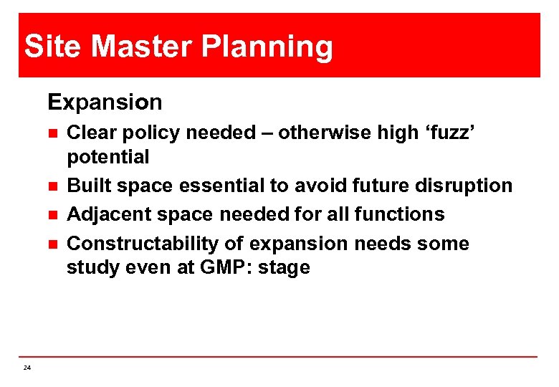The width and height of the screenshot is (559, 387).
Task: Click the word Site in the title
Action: coord(54,47)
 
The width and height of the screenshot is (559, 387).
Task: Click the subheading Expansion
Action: coord(105,102)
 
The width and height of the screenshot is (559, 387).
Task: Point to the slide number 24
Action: coord(27,368)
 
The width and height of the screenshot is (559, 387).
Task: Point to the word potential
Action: coord(107,157)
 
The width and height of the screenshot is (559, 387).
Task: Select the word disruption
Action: coord(466,186)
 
